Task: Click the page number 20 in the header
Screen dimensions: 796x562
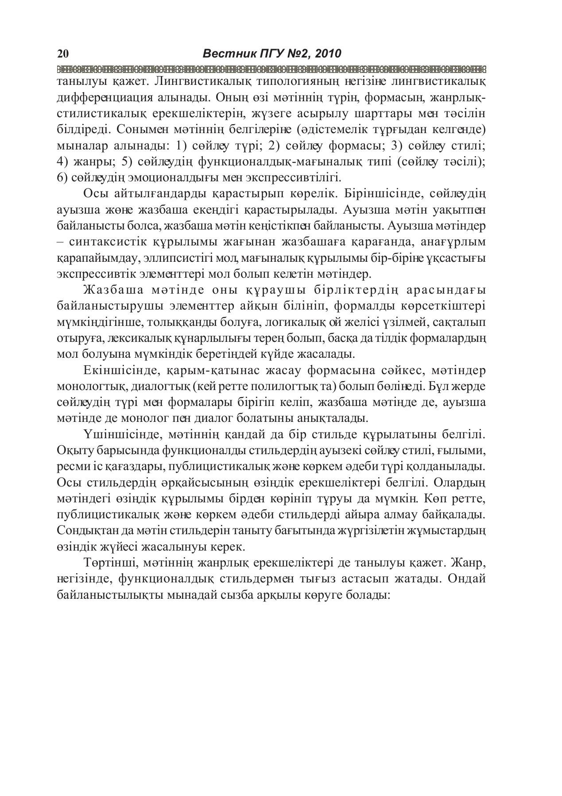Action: pyautogui.click(x=62, y=54)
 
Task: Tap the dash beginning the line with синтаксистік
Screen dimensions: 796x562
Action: pyautogui.click(x=61, y=242)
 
